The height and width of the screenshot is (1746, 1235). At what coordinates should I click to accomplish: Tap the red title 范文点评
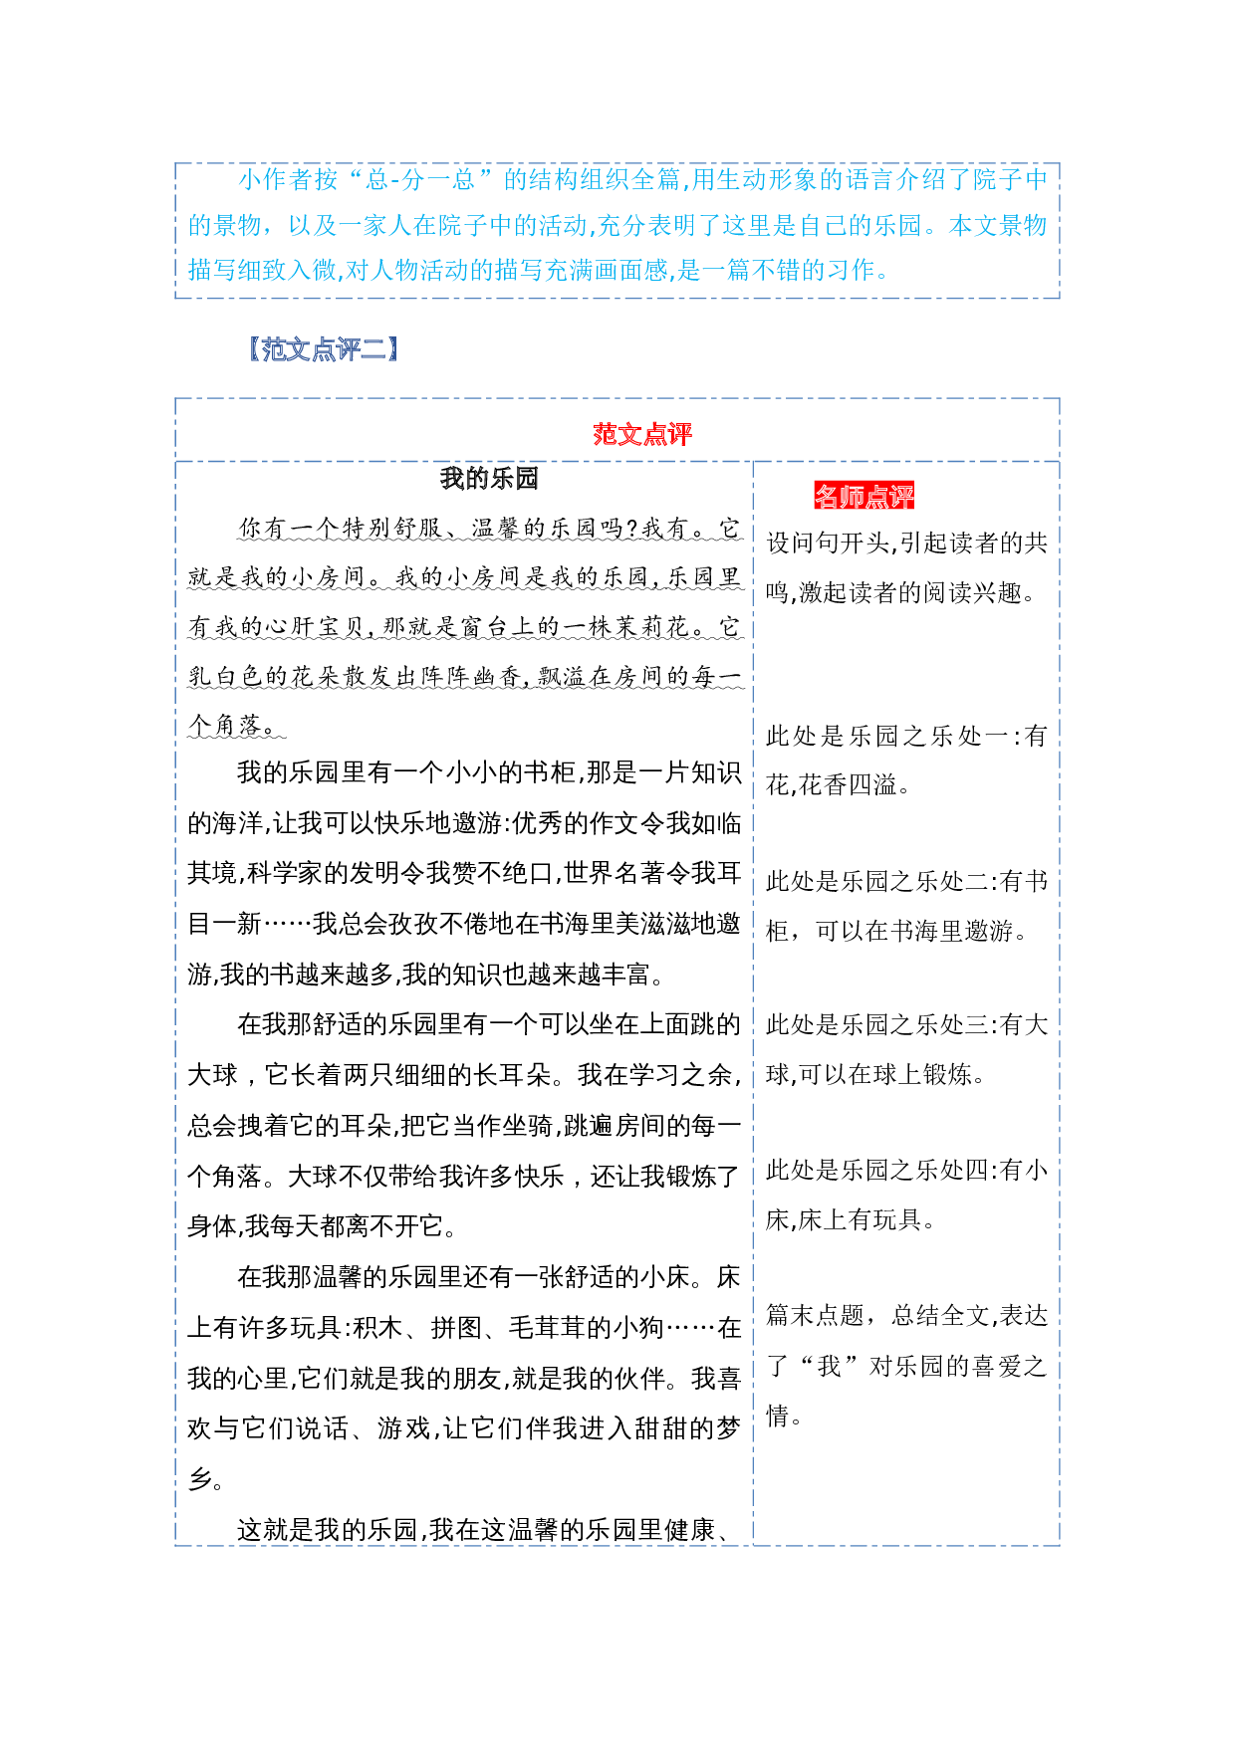[642, 434]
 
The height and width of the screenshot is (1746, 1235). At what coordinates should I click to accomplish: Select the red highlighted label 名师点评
[864, 496]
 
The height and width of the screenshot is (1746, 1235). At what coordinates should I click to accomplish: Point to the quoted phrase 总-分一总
[419, 180]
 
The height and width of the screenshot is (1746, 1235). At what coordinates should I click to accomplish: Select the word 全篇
[655, 180]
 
